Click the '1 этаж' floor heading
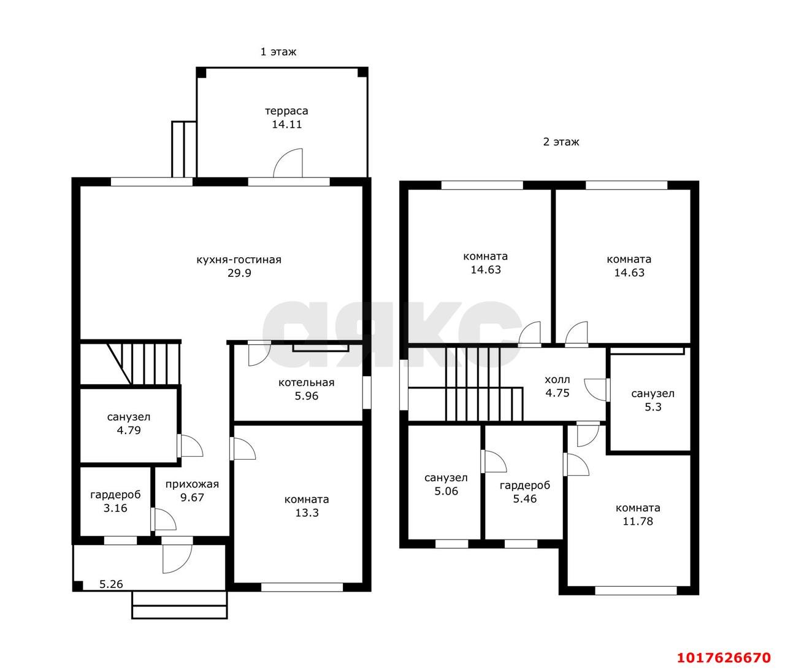[278, 52]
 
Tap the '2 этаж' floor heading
[561, 142]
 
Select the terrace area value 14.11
[287, 125]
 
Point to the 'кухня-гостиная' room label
[239, 260]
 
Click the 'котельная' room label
[307, 382]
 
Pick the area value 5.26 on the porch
[111, 584]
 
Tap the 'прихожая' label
[192, 484]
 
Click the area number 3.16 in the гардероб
[115, 508]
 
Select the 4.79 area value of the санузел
[129, 430]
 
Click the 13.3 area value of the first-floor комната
[307, 512]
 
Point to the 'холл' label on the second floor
[557, 379]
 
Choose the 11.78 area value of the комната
[638, 521]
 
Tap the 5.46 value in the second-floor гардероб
[525, 498]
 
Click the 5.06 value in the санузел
[446, 491]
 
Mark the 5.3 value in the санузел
[653, 407]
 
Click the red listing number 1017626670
[724, 657]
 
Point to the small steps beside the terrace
[184, 149]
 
